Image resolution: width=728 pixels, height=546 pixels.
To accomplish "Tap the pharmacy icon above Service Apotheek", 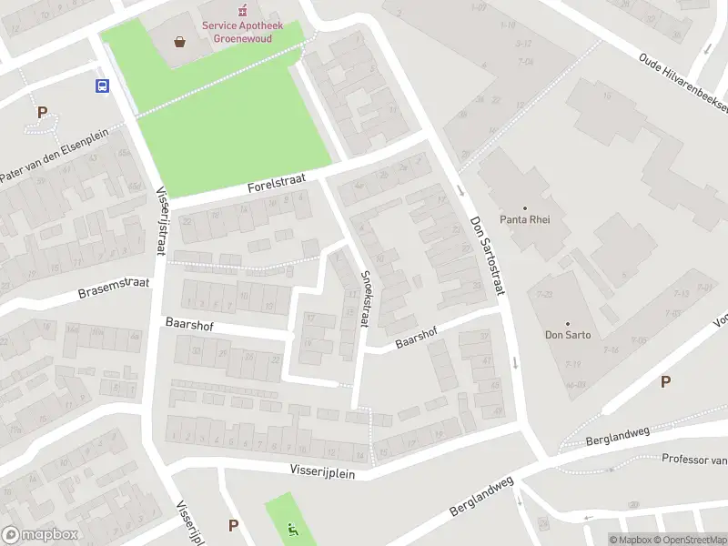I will (x=241, y=10).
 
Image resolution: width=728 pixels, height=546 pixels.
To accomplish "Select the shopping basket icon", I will (x=180, y=41).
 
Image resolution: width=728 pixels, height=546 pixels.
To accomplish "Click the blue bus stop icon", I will (x=102, y=86).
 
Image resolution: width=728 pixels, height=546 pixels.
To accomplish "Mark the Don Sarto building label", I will (x=569, y=335).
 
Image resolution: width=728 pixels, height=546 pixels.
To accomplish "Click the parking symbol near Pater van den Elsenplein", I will (x=41, y=113).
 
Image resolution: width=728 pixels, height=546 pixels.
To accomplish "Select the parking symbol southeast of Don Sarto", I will (x=665, y=382).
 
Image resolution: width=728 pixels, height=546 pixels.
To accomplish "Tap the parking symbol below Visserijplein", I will (x=233, y=525).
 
